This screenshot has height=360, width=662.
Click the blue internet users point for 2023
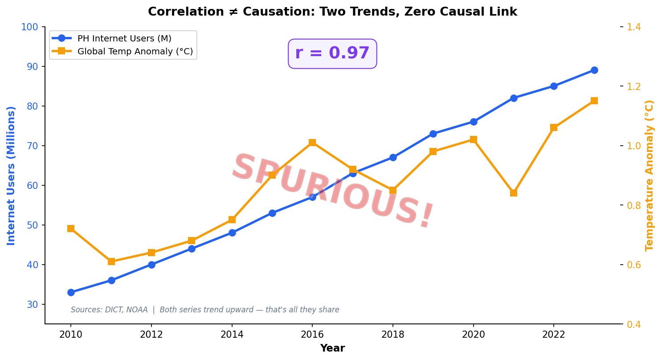594,70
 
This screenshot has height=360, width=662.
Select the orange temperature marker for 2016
312,143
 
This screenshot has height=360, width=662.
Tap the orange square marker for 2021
514,193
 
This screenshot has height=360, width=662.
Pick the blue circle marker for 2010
71,292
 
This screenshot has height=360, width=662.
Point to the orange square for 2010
71,229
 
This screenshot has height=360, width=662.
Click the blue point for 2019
433,134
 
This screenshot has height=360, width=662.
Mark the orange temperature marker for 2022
554,127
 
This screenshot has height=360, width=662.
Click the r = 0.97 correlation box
332,53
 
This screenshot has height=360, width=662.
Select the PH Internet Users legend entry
124,39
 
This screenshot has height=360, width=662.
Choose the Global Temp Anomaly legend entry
135,52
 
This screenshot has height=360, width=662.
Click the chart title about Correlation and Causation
332,12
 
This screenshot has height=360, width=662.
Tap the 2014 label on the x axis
232,335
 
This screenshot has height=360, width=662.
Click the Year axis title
332,348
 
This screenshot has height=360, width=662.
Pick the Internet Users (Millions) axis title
12,176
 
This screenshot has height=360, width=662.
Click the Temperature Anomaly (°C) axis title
650,176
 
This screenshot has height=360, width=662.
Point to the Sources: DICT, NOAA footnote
205,310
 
